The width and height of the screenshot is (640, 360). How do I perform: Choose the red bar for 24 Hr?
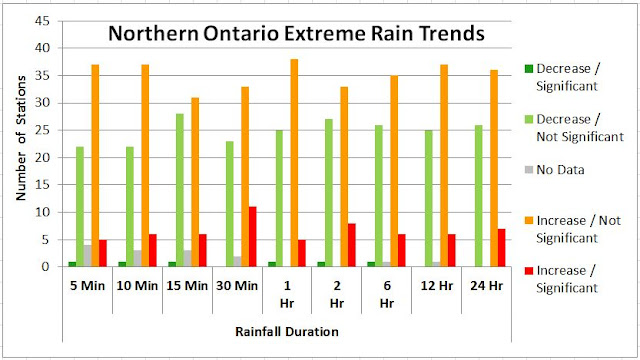[x=501, y=248]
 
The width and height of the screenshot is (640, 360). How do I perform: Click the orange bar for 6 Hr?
[x=394, y=171]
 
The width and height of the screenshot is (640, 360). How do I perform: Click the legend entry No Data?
[x=560, y=171]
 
